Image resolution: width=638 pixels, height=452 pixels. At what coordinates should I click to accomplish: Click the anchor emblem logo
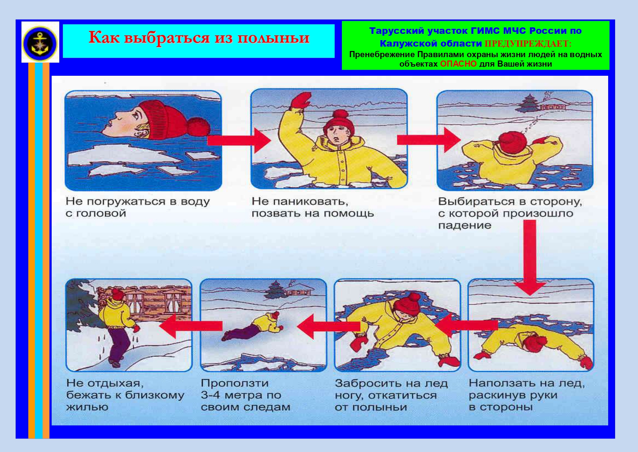click(40, 43)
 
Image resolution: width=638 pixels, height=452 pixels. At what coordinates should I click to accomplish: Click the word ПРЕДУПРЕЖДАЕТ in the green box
click(528, 44)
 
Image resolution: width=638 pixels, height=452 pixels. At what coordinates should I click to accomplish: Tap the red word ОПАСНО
click(458, 64)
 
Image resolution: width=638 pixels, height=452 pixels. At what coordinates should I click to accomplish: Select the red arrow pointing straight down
click(530, 257)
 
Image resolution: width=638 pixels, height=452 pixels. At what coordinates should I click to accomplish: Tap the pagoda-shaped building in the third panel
click(528, 103)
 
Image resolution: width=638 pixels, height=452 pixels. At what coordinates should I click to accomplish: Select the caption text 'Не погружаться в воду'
click(137, 201)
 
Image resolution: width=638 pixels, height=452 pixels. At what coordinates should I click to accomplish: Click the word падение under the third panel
click(464, 225)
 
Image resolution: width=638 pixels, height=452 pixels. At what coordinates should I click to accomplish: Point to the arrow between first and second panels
click(239, 140)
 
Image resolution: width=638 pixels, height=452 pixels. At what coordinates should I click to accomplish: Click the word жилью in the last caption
click(87, 407)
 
